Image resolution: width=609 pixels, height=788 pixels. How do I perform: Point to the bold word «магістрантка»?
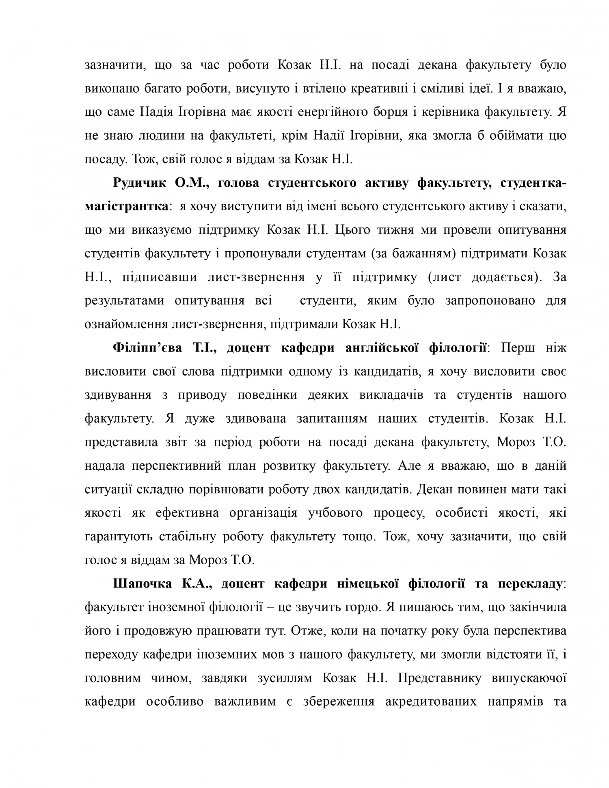(126, 207)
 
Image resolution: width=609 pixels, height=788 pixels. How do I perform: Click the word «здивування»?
(118, 395)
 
